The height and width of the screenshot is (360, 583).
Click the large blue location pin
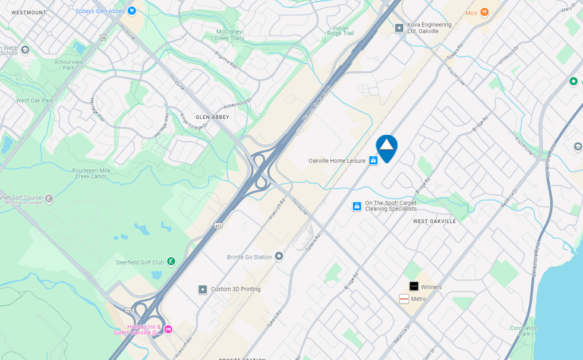coord(386,146)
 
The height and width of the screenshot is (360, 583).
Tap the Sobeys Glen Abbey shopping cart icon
coord(132,11)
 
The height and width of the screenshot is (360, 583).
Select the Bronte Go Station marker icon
coord(279,257)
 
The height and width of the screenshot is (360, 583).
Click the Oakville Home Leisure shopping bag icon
coord(373,160)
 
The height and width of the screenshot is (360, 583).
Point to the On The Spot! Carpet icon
coord(357,206)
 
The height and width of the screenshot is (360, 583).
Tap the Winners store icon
coord(414,286)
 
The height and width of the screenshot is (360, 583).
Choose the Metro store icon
coord(404,299)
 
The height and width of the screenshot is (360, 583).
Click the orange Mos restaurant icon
coord(485,12)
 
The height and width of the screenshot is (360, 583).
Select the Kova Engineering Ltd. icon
coord(399,27)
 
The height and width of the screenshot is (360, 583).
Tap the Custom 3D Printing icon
coord(203,289)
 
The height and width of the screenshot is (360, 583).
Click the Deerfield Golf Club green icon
coord(171,261)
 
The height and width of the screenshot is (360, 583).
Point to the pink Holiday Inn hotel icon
coord(168,329)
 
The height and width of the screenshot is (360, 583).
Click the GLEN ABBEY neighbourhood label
coord(213,118)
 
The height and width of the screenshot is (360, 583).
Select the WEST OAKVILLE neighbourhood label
coord(434,221)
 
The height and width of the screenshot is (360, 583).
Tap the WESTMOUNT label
coord(29,12)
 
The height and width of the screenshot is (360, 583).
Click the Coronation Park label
coord(524,331)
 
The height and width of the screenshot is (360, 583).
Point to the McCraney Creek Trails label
coord(229,34)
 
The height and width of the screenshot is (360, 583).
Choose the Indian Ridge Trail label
coord(341,31)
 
